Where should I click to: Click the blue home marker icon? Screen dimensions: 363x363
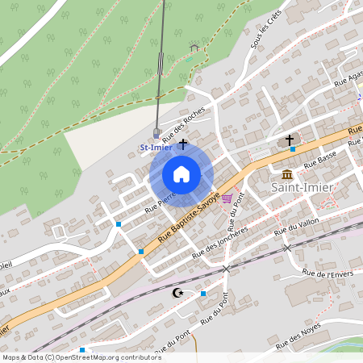(181, 174)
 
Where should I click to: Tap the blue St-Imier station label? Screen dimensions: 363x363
(156, 148)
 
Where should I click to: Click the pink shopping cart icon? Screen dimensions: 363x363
(227, 198)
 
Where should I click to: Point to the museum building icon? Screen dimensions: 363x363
(288, 174)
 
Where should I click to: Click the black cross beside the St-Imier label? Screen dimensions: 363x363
(183, 144)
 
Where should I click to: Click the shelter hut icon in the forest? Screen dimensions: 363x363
(193, 47)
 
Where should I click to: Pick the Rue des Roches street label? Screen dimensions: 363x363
(184, 125)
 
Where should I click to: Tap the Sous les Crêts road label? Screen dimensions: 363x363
(261, 33)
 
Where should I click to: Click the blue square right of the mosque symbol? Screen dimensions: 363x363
(203, 294)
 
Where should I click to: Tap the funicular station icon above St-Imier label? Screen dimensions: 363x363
(156, 132)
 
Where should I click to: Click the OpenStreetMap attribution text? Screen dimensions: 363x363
(70, 357)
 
